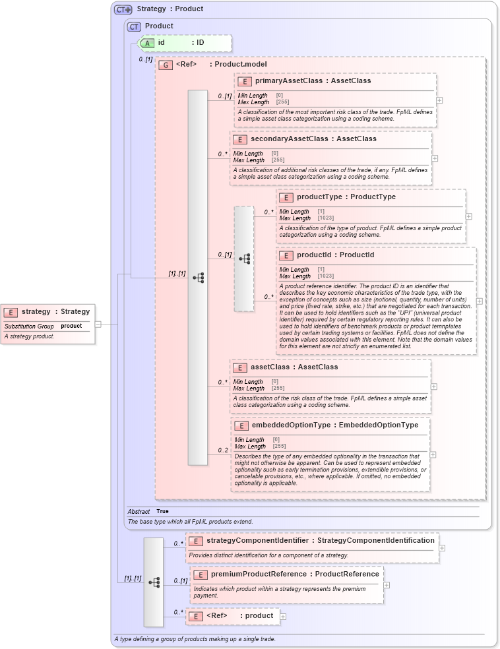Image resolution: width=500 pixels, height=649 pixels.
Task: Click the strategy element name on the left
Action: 36,312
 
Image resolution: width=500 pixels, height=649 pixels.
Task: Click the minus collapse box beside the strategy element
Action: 98,324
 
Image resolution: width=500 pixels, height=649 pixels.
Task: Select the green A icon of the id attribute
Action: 148,43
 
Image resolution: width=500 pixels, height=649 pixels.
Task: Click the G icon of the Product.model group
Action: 166,65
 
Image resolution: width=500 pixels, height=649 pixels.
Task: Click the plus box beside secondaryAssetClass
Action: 435,158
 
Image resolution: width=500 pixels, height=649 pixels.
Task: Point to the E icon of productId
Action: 286,255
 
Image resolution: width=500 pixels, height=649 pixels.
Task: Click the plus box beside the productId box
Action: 479,301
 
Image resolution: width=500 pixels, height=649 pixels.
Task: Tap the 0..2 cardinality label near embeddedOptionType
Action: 223,450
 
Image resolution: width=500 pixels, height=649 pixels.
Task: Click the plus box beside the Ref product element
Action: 283,617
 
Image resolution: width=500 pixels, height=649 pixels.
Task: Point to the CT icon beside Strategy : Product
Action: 123,9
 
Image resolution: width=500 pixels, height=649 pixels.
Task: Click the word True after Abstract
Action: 162,511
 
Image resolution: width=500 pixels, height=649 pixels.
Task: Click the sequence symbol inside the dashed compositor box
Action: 244,259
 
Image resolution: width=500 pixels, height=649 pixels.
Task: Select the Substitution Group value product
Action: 71,326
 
